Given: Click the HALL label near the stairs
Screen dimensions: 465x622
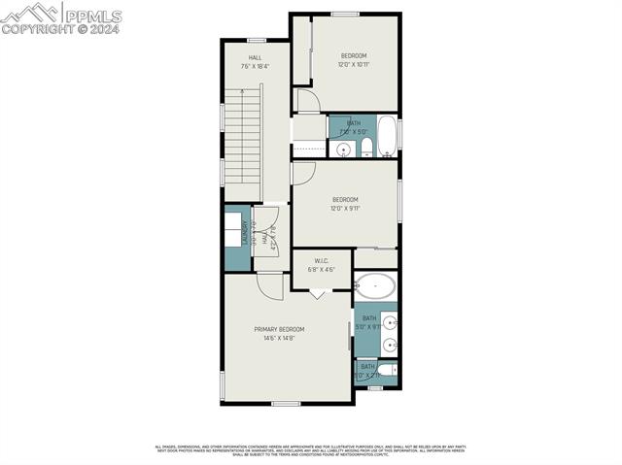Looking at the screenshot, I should (x=255, y=57).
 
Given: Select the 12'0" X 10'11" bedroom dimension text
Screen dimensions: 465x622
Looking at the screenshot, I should (x=354, y=65).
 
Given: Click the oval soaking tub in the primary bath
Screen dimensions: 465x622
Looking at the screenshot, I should (x=375, y=286).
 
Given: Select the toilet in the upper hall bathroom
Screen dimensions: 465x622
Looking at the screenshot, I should (x=366, y=149).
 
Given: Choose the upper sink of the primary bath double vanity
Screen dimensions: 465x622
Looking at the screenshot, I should (x=390, y=323).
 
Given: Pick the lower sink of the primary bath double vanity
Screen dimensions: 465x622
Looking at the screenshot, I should (x=390, y=344).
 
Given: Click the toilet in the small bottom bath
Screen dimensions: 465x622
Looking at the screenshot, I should (x=386, y=371).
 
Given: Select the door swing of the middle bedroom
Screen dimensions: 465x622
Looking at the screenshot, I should (x=301, y=173).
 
